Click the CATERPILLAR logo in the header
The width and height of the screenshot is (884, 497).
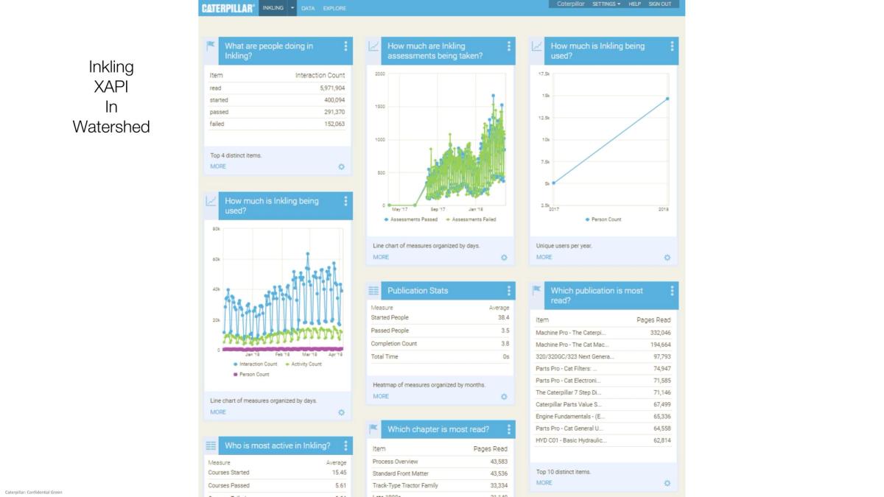click(x=228, y=7)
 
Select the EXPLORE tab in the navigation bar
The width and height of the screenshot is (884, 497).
click(x=334, y=8)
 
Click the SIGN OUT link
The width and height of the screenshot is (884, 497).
click(x=659, y=4)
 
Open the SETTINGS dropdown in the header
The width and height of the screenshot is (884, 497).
click(x=606, y=4)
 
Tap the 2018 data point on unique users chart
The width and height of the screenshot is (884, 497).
click(x=667, y=99)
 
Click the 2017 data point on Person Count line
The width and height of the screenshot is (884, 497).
click(x=554, y=183)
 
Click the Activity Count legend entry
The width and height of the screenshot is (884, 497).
click(x=304, y=364)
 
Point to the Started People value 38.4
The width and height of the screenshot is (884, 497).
click(x=503, y=317)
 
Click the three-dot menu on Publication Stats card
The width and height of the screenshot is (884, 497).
click(x=508, y=291)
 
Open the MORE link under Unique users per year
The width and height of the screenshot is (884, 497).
click(x=544, y=257)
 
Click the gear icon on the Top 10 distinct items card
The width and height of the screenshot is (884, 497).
click(x=667, y=483)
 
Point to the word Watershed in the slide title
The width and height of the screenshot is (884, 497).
click(x=111, y=127)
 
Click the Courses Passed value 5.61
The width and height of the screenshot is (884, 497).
click(x=339, y=485)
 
